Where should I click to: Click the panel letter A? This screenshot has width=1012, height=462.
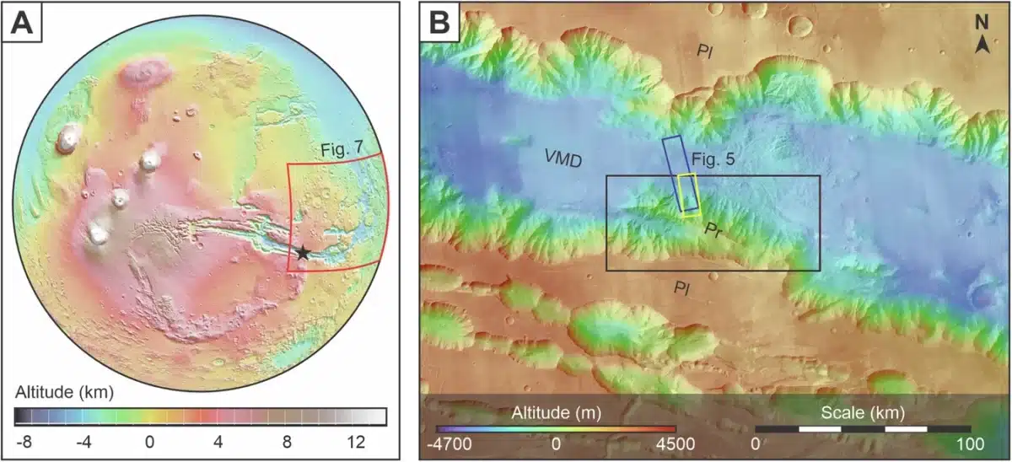[x=23, y=25]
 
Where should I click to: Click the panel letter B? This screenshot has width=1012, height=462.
[x=440, y=25]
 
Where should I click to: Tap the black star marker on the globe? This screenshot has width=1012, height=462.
[x=303, y=253]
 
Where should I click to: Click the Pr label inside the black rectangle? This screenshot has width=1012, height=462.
[x=713, y=229]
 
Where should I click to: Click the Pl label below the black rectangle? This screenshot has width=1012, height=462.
[x=682, y=287]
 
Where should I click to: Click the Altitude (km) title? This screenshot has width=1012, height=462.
[x=64, y=393]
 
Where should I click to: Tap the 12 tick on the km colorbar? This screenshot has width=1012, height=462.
[x=355, y=442]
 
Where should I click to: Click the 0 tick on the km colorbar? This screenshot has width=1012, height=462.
[x=149, y=442]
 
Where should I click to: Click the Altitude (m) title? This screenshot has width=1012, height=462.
[x=553, y=413]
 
